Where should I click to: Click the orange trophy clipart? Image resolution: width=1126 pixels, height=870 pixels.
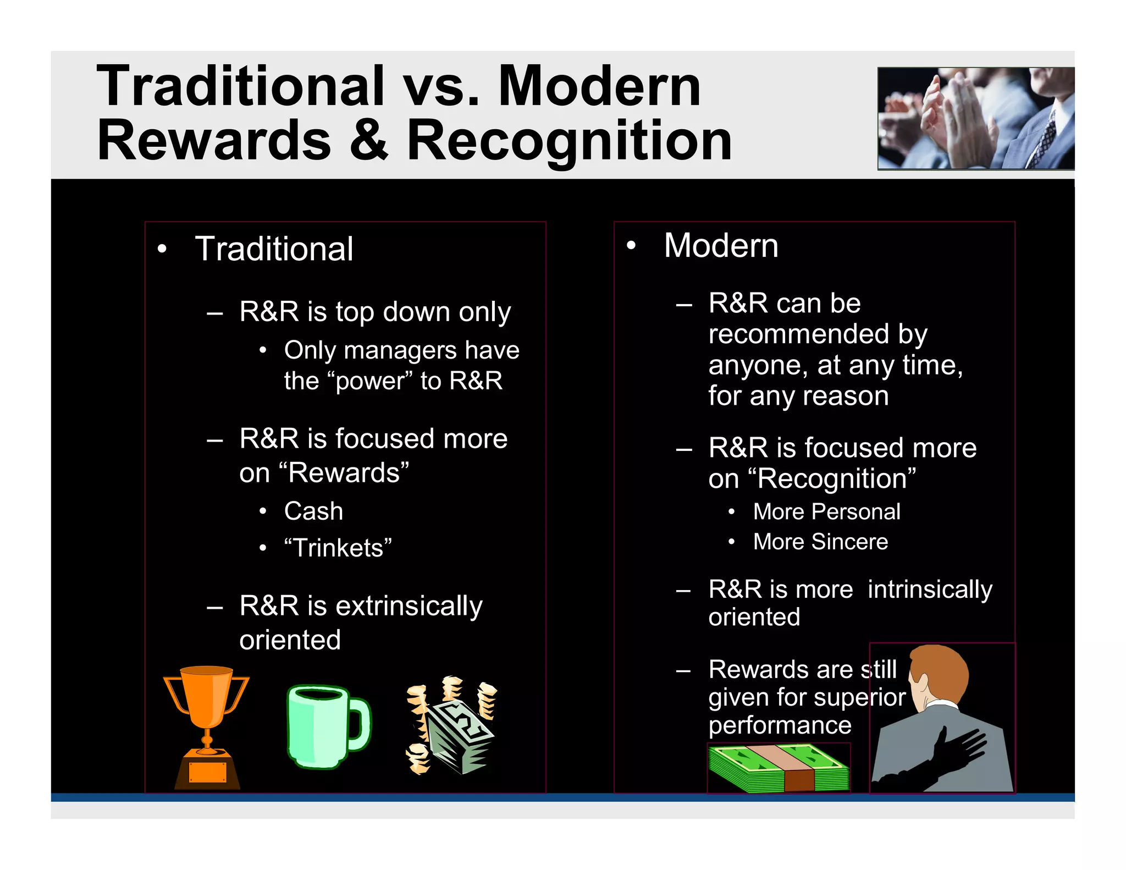tap(206, 726)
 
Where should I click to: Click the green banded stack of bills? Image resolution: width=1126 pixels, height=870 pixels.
tap(778, 768)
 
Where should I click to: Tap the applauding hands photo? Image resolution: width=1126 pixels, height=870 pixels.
tap(975, 118)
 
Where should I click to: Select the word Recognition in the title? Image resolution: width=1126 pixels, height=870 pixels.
tap(569, 141)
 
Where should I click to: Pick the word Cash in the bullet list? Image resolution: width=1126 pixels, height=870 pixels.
tap(313, 511)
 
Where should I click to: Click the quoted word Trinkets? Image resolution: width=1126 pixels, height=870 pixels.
tap(338, 548)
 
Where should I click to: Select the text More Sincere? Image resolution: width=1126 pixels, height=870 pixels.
tap(820, 542)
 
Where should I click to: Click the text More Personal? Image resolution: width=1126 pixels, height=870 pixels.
tap(826, 512)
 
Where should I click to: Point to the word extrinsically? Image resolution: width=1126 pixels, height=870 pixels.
tap(409, 606)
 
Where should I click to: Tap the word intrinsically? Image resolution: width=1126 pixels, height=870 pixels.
tap(930, 590)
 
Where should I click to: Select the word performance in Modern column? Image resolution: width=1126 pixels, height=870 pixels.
tap(780, 725)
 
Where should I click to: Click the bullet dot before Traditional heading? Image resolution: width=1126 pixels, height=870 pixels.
tap(162, 250)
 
